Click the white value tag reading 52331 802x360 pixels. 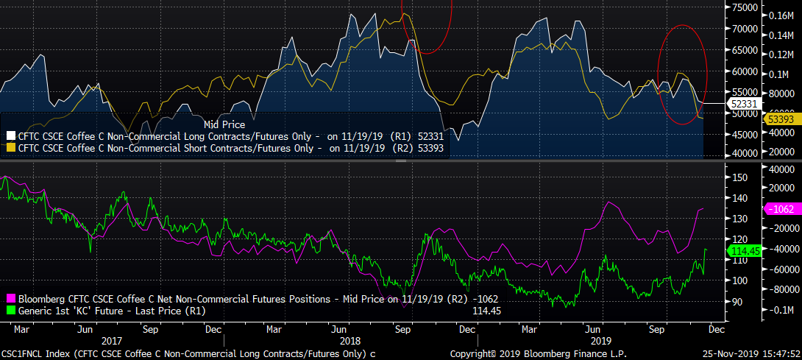[742, 105]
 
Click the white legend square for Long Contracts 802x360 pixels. [10, 135]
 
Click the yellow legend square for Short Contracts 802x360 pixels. [10, 147]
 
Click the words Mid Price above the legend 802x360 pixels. [224, 125]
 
